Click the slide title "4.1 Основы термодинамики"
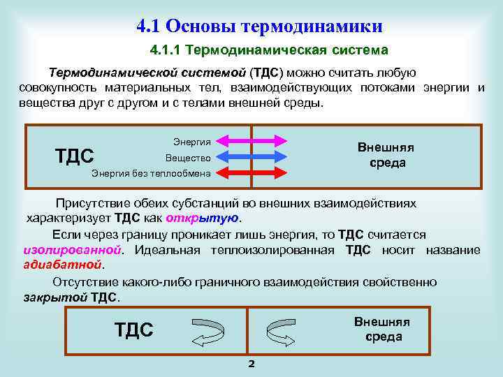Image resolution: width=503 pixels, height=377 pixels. [x=259, y=27]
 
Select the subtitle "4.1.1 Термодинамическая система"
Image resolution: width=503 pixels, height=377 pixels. [x=268, y=50]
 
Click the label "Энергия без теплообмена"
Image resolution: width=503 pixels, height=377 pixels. [x=151, y=172]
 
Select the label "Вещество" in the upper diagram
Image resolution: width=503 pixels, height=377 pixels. [x=188, y=158]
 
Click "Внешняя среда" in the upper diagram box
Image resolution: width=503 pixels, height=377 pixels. [x=386, y=155]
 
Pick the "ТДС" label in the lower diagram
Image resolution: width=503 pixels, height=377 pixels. [x=133, y=330]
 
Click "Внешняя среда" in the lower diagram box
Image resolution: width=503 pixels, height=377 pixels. [x=382, y=329]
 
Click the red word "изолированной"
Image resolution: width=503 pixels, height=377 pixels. [x=73, y=250]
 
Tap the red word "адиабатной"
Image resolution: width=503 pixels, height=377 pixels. [x=62, y=265]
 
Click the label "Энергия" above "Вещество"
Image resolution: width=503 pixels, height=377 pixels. [x=191, y=142]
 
